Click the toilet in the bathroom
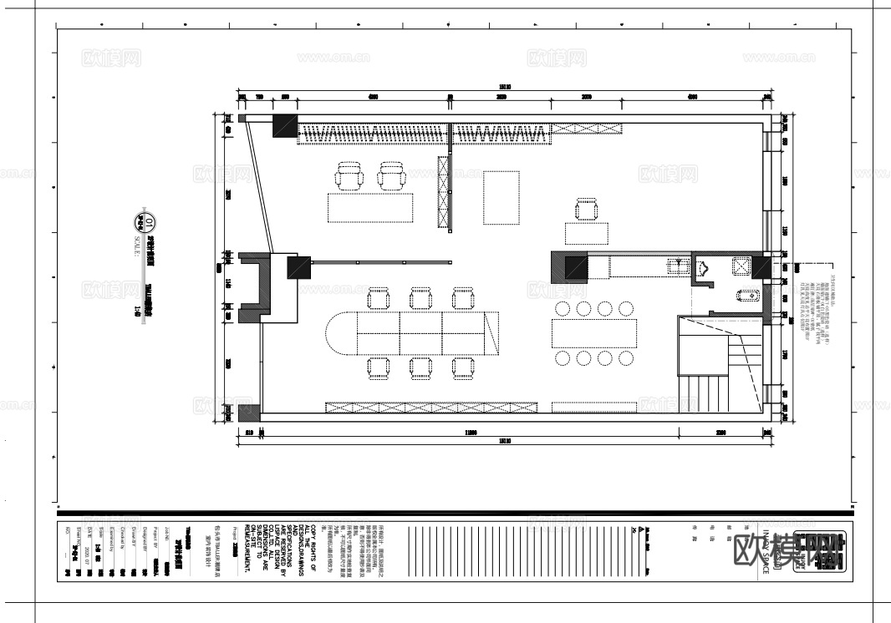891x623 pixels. coord(748,295)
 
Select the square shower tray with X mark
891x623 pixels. coord(741,266)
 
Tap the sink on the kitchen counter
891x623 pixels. coord(679,266)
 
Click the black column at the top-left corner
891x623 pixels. coord(284,126)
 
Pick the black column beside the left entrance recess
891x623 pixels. coord(298,267)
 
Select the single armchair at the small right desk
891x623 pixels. coord(587,209)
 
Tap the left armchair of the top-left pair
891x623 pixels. coord(349,176)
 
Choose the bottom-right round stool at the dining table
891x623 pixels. coord(626,358)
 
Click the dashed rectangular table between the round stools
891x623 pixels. coord(594,333)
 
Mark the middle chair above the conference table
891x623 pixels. coord(420,298)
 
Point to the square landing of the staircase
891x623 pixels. coord(700,347)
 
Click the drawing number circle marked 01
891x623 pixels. coord(150,223)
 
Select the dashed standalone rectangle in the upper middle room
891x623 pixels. coord(502,197)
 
